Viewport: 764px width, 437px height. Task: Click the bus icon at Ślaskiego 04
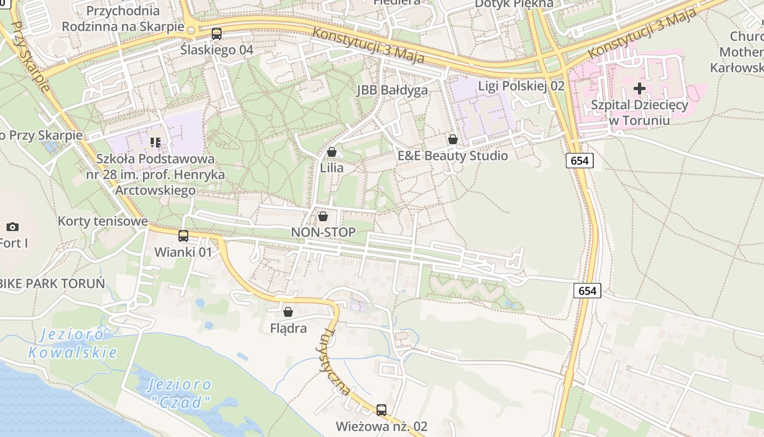coord(217,34)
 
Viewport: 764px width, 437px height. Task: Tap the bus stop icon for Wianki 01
coord(183,236)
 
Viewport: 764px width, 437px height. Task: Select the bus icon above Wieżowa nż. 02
coord(381,410)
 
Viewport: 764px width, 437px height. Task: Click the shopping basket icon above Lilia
coord(332,152)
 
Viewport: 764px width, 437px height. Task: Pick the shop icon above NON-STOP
coord(323,216)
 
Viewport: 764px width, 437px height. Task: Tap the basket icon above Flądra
coord(288,312)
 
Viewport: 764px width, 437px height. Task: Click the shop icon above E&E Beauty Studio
coord(452,140)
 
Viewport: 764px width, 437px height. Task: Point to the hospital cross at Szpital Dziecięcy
coord(640,88)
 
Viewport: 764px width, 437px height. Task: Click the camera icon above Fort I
coord(13,227)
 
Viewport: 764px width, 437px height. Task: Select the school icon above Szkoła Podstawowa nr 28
coord(156,143)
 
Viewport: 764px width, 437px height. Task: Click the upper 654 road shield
coord(580,160)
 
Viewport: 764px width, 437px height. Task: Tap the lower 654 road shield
coord(587,291)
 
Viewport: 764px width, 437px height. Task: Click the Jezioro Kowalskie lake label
coord(73,344)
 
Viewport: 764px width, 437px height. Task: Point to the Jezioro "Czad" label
coord(180,393)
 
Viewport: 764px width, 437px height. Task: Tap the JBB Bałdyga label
coord(392,90)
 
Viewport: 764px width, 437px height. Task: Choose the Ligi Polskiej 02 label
coord(521,86)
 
